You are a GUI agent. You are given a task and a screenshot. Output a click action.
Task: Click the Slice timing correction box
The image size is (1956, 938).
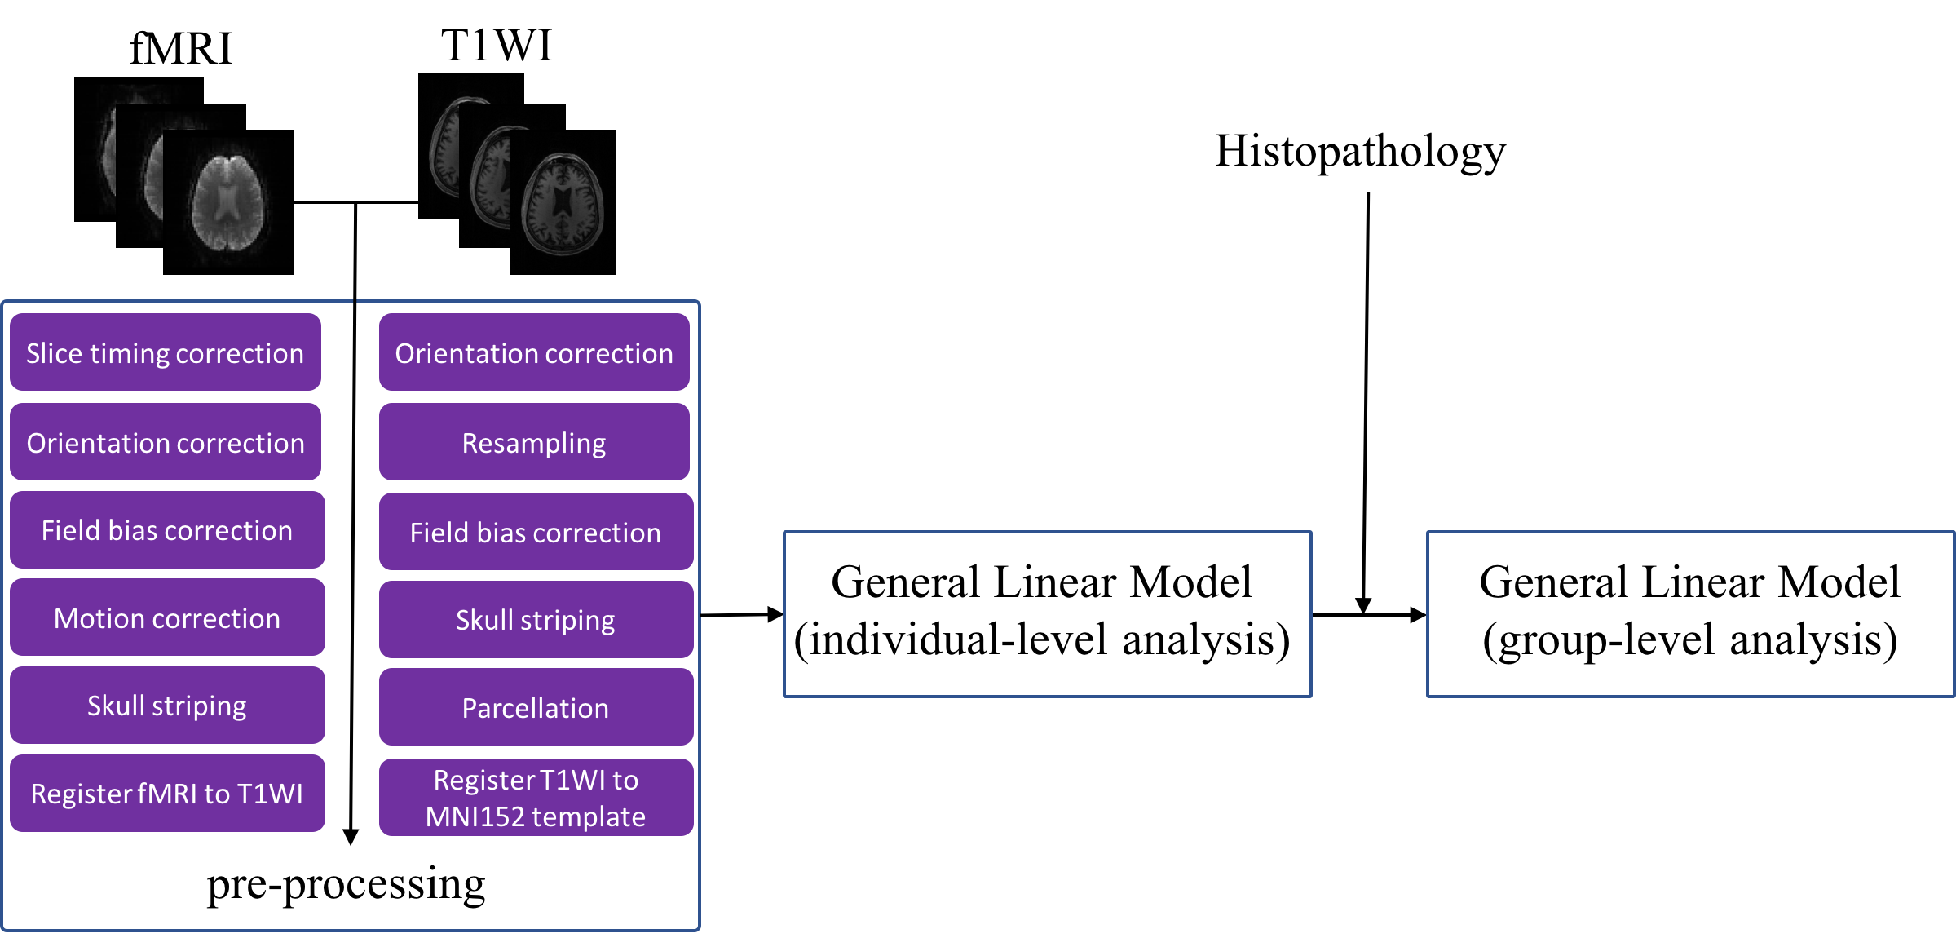tap(166, 352)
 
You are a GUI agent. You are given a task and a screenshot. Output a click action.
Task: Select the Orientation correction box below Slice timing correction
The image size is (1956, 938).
tap(166, 442)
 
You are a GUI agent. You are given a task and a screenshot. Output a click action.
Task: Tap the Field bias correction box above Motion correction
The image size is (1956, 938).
tap(167, 530)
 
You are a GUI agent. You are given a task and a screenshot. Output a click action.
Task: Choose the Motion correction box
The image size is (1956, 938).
tap(167, 618)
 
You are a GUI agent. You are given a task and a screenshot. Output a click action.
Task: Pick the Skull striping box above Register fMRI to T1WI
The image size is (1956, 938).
tap(167, 706)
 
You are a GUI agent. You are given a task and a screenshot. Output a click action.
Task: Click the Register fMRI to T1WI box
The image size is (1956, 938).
tap(167, 794)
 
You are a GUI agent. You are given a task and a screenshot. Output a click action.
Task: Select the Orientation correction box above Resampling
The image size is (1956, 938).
tap(534, 352)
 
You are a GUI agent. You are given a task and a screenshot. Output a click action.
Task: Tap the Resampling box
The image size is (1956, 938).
tap(534, 442)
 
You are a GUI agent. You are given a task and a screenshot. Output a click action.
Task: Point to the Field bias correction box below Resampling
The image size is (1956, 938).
tap(536, 532)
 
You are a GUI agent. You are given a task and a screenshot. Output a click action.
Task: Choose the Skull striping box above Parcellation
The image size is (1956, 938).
tap(536, 620)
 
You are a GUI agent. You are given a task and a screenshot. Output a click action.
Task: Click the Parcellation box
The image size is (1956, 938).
tap(536, 707)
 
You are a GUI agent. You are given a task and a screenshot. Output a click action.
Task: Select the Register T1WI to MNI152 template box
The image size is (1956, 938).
tap(536, 798)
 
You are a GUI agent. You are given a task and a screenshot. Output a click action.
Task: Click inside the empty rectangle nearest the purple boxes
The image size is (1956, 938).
tap(1047, 614)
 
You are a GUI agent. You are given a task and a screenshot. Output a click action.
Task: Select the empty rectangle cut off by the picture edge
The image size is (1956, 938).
tap(1689, 614)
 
